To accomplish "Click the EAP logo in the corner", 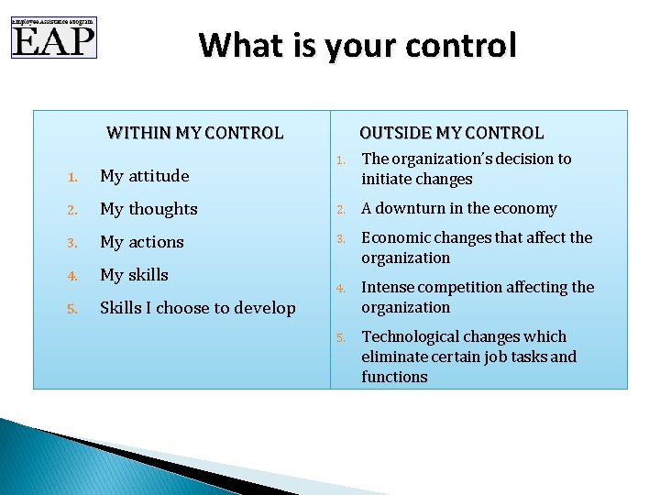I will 53,38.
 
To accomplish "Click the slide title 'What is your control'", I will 357,45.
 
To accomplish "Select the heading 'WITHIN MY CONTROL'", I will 194,133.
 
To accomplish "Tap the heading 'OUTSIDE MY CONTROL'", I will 451,133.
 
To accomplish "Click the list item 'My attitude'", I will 144,176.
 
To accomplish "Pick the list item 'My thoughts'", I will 148,209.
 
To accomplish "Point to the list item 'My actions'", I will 141,242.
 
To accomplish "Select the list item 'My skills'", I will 134,275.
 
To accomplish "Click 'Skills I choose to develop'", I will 197,308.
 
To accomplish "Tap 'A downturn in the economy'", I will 458,209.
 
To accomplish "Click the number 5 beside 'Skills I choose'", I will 71,309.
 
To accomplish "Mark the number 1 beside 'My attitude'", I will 71,177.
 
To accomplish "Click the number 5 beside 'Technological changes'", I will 339,337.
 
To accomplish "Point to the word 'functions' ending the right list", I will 394,377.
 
